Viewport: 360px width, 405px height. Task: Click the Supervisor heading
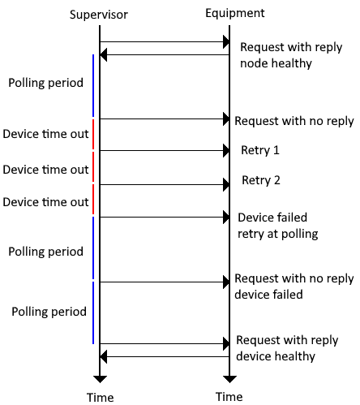99,15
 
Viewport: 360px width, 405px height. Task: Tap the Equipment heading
235,14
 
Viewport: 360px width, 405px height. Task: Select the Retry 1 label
260,150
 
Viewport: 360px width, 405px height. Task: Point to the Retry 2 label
261,180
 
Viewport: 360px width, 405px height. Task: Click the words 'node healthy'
276,63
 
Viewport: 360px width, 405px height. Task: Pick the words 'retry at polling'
278,234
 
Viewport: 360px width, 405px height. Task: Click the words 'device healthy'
276,356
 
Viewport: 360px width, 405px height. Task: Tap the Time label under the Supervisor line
100,398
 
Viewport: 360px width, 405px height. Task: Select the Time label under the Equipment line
229,397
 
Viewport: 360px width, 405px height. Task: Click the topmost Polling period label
45,83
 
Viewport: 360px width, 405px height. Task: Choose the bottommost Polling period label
49,312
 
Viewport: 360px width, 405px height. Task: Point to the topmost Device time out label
45,134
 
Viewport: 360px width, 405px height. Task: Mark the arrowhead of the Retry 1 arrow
226,150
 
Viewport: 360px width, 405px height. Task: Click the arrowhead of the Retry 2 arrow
226,185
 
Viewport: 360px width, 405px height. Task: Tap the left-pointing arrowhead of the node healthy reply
103,55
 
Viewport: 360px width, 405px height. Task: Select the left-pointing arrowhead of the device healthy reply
103,356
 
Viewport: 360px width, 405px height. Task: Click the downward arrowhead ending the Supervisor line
100,379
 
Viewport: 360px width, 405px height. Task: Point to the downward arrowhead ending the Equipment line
229,379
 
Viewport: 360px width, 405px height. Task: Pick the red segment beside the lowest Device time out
93,199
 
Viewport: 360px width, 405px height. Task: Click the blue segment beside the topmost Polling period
93,85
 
